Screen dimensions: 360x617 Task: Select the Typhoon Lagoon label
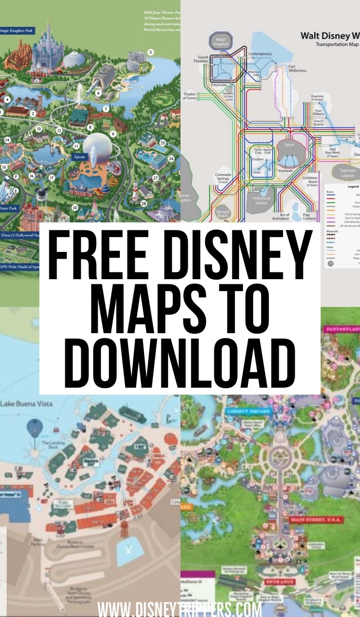click(348, 172)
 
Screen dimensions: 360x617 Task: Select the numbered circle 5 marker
click(151, 52)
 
